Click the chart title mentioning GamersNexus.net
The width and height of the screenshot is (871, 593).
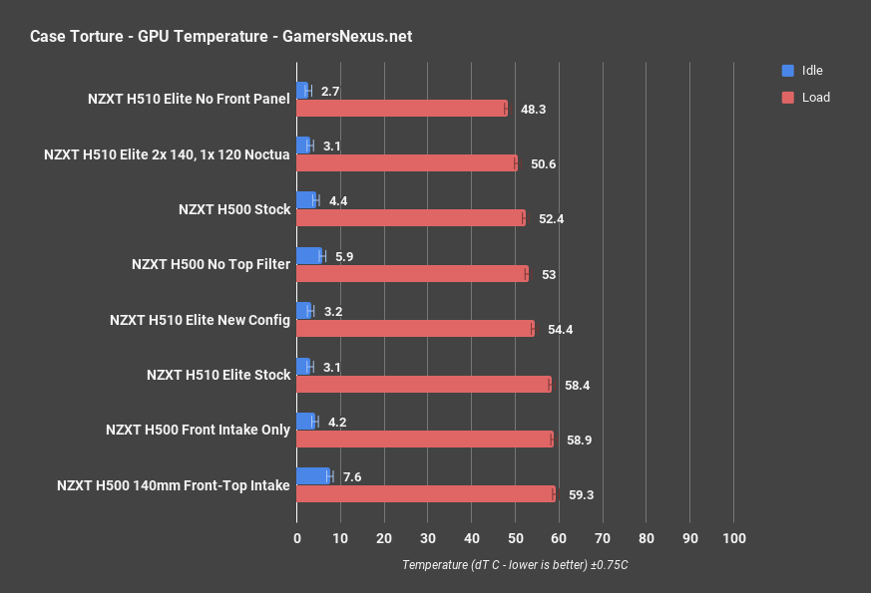pos(220,37)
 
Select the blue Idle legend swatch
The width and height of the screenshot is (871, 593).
pos(787,71)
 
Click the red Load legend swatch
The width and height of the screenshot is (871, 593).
pos(787,98)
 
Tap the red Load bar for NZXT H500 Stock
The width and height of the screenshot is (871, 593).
pos(410,218)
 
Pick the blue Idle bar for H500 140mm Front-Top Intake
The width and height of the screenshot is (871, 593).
pos(313,476)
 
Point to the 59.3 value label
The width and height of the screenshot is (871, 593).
pos(579,494)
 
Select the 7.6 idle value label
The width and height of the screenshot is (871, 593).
pos(351,476)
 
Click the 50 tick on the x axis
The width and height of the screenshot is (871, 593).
pos(516,538)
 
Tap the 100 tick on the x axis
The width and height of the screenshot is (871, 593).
pos(734,538)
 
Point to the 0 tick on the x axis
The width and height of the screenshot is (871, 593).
pos(297,538)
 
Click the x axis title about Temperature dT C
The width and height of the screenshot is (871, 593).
pos(515,564)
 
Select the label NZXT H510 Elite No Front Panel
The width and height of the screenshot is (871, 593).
pos(189,99)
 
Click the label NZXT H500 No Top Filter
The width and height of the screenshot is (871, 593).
pos(211,264)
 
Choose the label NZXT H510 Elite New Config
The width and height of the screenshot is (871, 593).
pos(200,320)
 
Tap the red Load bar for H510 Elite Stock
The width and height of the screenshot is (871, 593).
pos(424,384)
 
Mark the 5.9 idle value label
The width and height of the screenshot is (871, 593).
pos(344,256)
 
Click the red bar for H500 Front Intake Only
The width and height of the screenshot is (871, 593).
pos(425,439)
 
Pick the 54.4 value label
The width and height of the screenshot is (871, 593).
pos(560,329)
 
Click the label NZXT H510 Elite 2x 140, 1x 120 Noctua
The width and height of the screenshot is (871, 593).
pos(167,154)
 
